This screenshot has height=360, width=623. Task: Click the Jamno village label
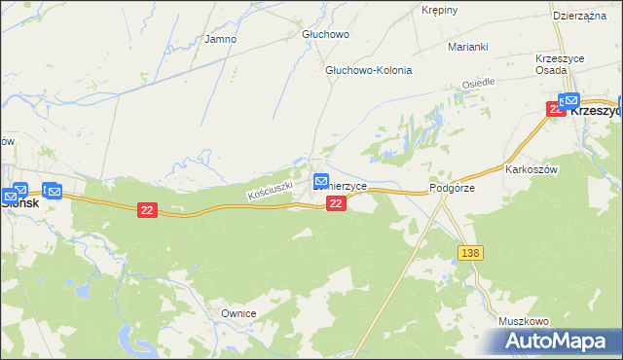(220, 40)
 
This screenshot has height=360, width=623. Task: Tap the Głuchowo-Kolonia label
(368, 71)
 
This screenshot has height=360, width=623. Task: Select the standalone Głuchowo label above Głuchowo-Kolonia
(324, 34)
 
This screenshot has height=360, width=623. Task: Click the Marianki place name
(467, 47)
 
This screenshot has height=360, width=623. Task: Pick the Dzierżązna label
(579, 16)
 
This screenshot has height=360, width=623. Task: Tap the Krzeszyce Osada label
(560, 65)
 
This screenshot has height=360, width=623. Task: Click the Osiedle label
(479, 85)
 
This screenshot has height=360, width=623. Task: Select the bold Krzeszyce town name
(595, 111)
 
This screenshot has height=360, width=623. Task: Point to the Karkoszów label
(531, 168)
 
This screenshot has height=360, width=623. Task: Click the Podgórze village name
(452, 189)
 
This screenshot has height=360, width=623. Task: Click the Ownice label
(238, 313)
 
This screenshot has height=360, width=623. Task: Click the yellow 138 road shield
(469, 253)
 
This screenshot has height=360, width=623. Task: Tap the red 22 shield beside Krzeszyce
(555, 109)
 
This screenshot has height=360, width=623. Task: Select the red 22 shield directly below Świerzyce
(336, 202)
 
